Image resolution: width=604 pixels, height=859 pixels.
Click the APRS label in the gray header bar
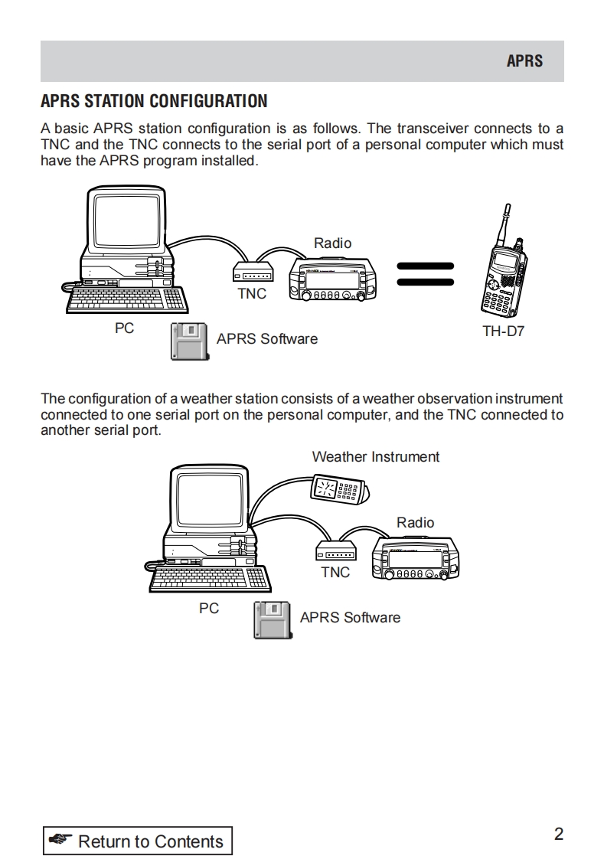coord(524,61)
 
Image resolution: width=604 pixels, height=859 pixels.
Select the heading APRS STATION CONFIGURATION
coord(154,102)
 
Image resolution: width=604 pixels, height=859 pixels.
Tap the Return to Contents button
coord(137,841)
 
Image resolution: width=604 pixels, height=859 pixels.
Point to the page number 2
coord(558,834)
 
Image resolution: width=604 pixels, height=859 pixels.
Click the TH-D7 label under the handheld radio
coord(503,332)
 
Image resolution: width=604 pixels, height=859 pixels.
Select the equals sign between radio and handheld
coord(425,274)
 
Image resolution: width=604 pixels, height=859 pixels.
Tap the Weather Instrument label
coord(375,457)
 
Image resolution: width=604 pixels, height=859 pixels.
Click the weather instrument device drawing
coord(338,489)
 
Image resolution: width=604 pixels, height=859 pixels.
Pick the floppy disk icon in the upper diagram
coord(188,341)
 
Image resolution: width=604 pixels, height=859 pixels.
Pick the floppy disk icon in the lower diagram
coord(272,619)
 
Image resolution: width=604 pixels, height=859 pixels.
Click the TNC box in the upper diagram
coord(252,273)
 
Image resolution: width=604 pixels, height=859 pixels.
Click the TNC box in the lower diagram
coord(335,551)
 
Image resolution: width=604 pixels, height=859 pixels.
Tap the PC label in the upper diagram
coord(124,328)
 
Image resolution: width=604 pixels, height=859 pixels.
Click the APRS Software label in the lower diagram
coord(350,617)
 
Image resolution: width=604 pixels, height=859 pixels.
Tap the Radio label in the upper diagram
coord(332,243)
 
